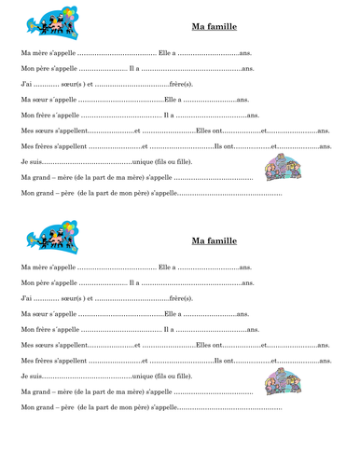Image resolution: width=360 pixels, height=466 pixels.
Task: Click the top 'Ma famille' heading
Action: [214, 27]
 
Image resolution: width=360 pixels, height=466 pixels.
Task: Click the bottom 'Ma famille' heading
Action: [214, 240]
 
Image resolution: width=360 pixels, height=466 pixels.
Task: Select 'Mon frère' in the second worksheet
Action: [36, 329]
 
